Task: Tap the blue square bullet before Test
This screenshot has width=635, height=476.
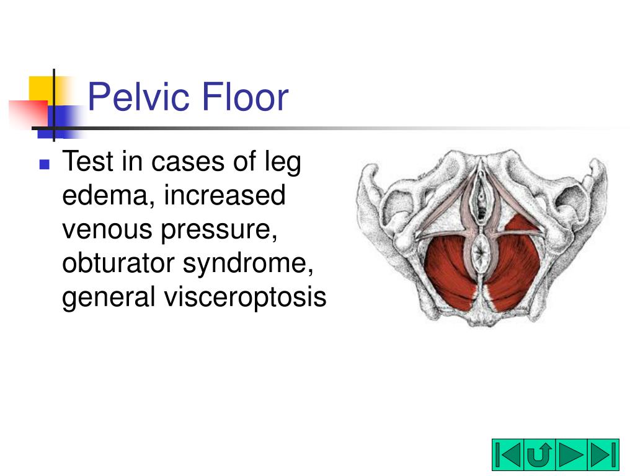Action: click(x=44, y=164)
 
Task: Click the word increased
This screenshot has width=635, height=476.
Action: click(x=224, y=196)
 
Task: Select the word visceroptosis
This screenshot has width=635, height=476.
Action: click(x=244, y=298)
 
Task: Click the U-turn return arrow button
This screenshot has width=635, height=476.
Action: click(x=540, y=455)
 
